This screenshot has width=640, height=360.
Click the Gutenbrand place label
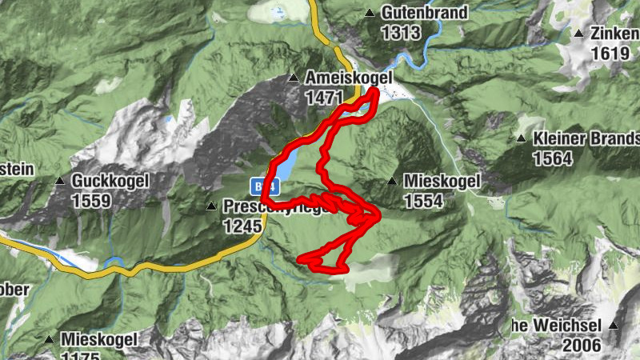pyautogui.click(x=412, y=14)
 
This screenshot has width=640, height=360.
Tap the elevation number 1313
pyautogui.click(x=400, y=33)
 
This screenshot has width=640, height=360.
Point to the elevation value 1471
pyautogui.click(x=324, y=98)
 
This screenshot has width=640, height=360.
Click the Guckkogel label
pyautogui.click(x=110, y=181)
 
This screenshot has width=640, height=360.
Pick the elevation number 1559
pyautogui.click(x=90, y=201)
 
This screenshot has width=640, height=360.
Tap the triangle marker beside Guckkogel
pyautogui.click(x=60, y=181)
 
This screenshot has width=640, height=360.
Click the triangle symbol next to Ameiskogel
pyautogui.click(x=294, y=78)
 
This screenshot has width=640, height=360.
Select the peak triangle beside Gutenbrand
pyautogui.click(x=370, y=14)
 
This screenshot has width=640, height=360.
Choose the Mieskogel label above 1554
pyautogui.click(x=442, y=182)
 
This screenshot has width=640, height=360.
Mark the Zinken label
pyautogui.click(x=614, y=34)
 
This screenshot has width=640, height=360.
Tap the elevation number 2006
pyautogui.click(x=582, y=346)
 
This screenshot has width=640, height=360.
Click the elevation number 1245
pyautogui.click(x=242, y=226)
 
